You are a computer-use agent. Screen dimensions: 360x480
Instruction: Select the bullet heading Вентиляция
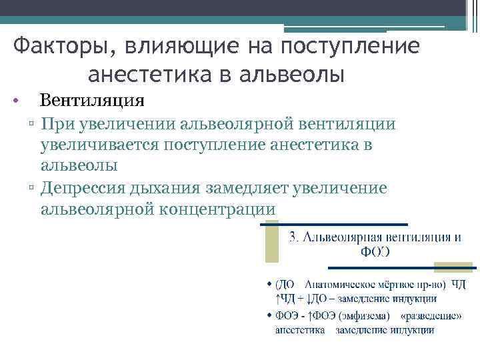pyautogui.click(x=92, y=101)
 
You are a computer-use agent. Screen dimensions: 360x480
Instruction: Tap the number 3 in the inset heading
pyautogui.click(x=293, y=237)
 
